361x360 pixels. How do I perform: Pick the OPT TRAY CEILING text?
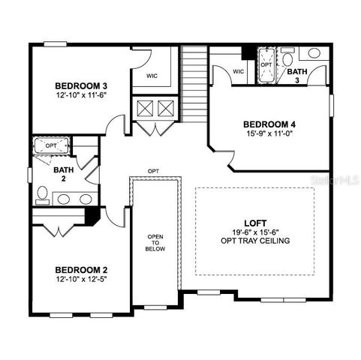coord(254,241)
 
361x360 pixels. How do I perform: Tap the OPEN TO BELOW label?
coord(155,245)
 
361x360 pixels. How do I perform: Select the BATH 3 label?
coord(296,75)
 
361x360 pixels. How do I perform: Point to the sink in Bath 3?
coord(314,54)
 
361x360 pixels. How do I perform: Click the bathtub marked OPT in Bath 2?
coord(51,145)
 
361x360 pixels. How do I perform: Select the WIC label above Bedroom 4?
coord(239,72)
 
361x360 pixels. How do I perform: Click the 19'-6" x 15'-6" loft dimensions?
coord(254,232)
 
